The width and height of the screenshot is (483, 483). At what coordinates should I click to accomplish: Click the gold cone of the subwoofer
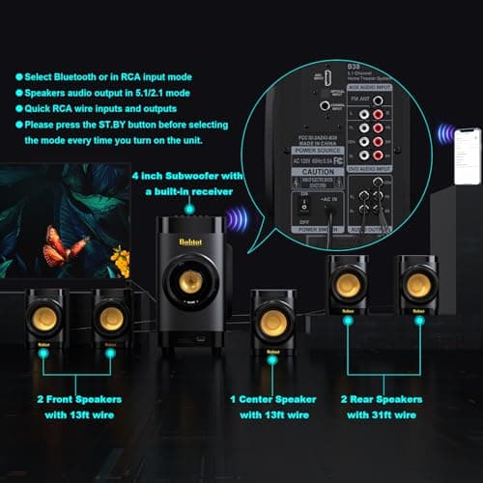click(x=190, y=282)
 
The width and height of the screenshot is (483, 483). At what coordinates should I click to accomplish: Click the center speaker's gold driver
click(x=273, y=324)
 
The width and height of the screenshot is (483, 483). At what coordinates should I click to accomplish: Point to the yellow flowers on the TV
click(x=119, y=259)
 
